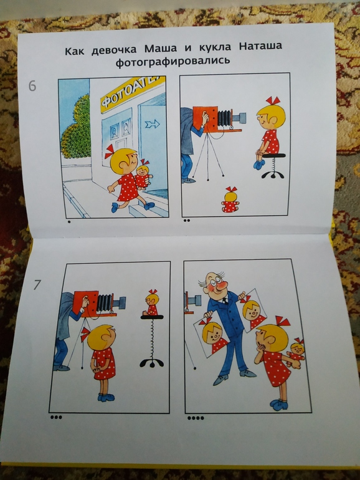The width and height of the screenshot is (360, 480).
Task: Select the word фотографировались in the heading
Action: (173, 61)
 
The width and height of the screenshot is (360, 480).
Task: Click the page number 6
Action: (32, 86)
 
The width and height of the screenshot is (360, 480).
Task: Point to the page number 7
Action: (37, 285)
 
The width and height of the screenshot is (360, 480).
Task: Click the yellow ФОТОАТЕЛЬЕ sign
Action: (132, 93)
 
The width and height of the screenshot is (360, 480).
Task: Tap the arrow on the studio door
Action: (153, 124)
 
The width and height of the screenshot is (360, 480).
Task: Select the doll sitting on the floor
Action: (230, 199)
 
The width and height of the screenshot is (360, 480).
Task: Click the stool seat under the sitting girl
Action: (274, 155)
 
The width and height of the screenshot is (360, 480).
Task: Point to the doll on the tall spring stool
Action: (151, 302)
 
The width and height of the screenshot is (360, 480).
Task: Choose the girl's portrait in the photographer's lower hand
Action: (212, 336)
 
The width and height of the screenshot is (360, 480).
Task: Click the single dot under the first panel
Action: (69, 222)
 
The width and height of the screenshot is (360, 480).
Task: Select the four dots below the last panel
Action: (196, 418)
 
